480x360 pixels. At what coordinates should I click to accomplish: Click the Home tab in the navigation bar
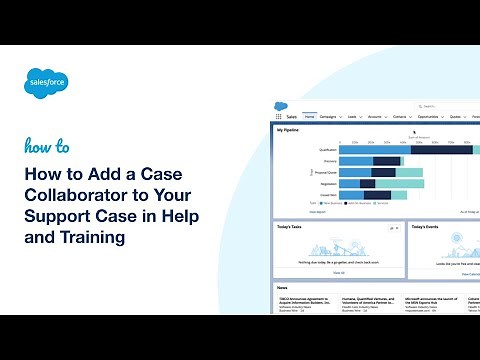click(x=310, y=117)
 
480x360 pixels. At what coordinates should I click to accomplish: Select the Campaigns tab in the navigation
click(x=331, y=117)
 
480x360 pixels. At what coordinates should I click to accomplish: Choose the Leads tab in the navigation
click(x=355, y=117)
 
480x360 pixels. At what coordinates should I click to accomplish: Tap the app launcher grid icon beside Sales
click(x=279, y=117)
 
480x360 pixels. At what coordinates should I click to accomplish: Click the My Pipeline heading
click(x=289, y=130)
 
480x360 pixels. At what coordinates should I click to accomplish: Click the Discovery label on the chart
click(x=328, y=161)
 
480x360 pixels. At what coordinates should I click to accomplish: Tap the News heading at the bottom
click(x=284, y=288)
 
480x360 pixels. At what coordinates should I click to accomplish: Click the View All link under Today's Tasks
click(x=339, y=272)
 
